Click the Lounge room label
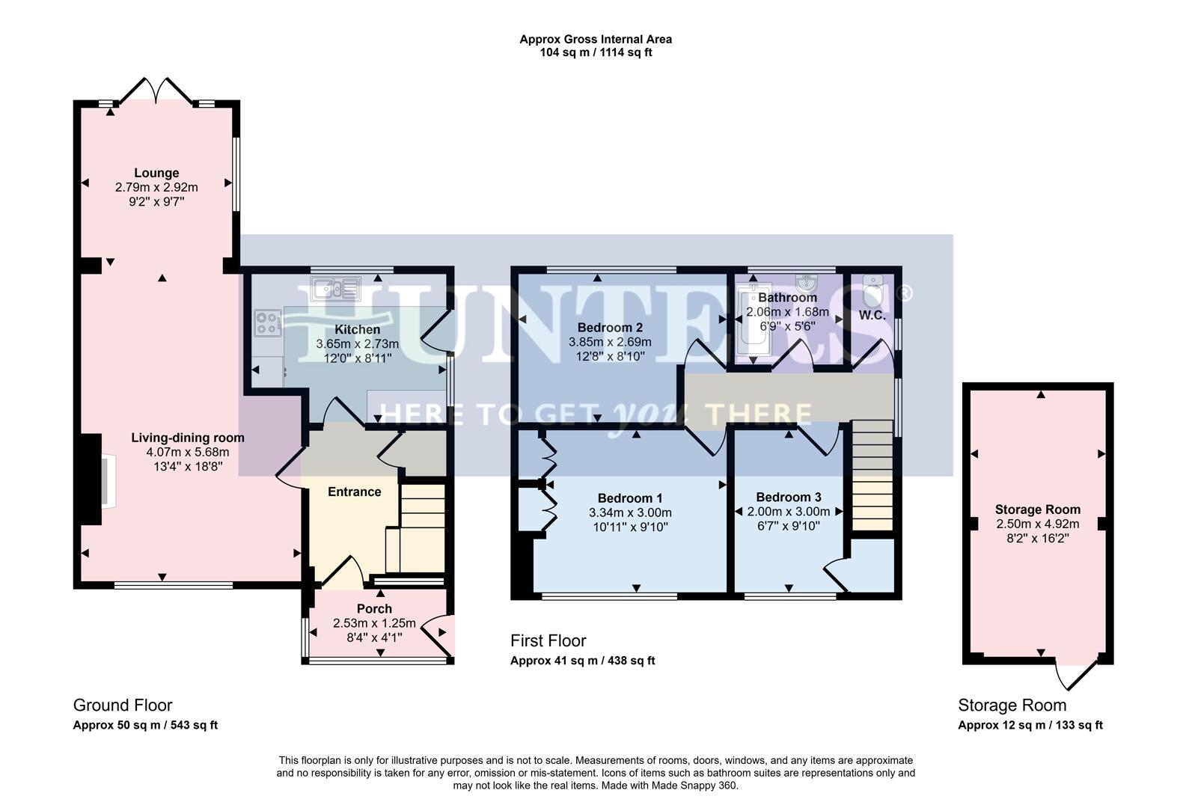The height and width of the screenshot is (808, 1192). click(x=156, y=174)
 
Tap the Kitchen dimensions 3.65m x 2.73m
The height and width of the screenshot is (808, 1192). click(x=357, y=344)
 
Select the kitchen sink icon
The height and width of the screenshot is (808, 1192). click(x=337, y=287)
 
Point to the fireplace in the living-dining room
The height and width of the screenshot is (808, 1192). click(x=103, y=480)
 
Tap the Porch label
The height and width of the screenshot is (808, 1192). click(x=374, y=609)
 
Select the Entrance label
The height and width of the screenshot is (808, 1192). click(x=354, y=492)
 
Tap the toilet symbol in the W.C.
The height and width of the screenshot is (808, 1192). click(x=872, y=289)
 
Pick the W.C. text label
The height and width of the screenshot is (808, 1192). click(x=872, y=316)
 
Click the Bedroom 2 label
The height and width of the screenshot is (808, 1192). click(x=610, y=328)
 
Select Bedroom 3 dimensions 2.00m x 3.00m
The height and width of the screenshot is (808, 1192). click(x=788, y=512)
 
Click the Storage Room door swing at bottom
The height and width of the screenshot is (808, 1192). click(x=1075, y=676)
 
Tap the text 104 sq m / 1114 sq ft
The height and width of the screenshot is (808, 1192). click(x=596, y=52)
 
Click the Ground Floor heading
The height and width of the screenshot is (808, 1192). click(x=123, y=706)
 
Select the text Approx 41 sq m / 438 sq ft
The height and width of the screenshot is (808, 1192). click(x=582, y=661)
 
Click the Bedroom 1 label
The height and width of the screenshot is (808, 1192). click(x=630, y=498)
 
